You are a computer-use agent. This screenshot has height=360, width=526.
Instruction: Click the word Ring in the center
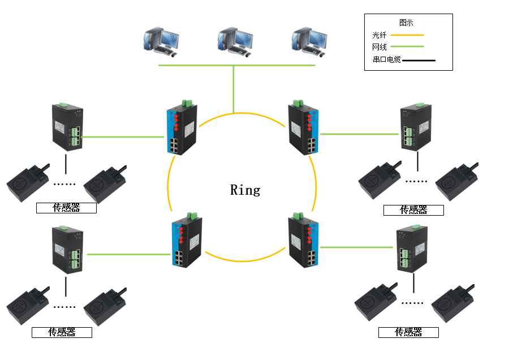point(245,190)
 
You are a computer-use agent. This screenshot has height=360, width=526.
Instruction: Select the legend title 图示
point(406,23)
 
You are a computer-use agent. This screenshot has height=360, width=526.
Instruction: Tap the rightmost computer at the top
point(308,41)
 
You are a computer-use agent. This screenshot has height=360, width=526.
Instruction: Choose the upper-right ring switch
point(304,130)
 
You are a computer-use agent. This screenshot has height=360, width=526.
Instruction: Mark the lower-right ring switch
point(304,240)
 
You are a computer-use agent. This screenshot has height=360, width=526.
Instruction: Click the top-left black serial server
point(67,126)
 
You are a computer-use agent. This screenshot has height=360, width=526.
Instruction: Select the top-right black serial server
point(417,128)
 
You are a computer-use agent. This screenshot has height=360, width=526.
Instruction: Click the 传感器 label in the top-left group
point(66,208)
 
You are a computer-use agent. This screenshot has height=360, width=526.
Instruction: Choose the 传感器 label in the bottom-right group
point(408,332)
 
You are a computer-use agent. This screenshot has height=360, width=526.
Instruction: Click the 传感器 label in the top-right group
point(413,210)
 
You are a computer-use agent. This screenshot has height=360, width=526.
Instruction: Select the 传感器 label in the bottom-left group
point(62,332)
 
